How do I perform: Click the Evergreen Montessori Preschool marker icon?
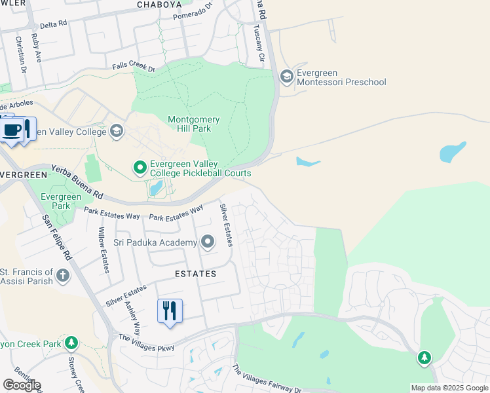(x=286, y=77)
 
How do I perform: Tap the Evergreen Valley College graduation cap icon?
(x=117, y=131)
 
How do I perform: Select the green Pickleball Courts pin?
(x=140, y=168)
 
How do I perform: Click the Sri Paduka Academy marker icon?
(x=208, y=243)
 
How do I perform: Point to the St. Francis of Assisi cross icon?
(x=63, y=275)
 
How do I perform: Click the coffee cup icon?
(x=11, y=129)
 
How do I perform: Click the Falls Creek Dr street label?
(x=133, y=67)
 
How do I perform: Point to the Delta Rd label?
(x=54, y=24)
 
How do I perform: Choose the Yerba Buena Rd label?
(x=77, y=181)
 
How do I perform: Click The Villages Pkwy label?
(x=146, y=343)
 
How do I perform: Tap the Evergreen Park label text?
(x=60, y=201)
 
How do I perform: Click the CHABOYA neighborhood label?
(x=159, y=5)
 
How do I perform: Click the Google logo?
(x=22, y=385)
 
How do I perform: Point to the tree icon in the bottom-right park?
(x=424, y=358)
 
